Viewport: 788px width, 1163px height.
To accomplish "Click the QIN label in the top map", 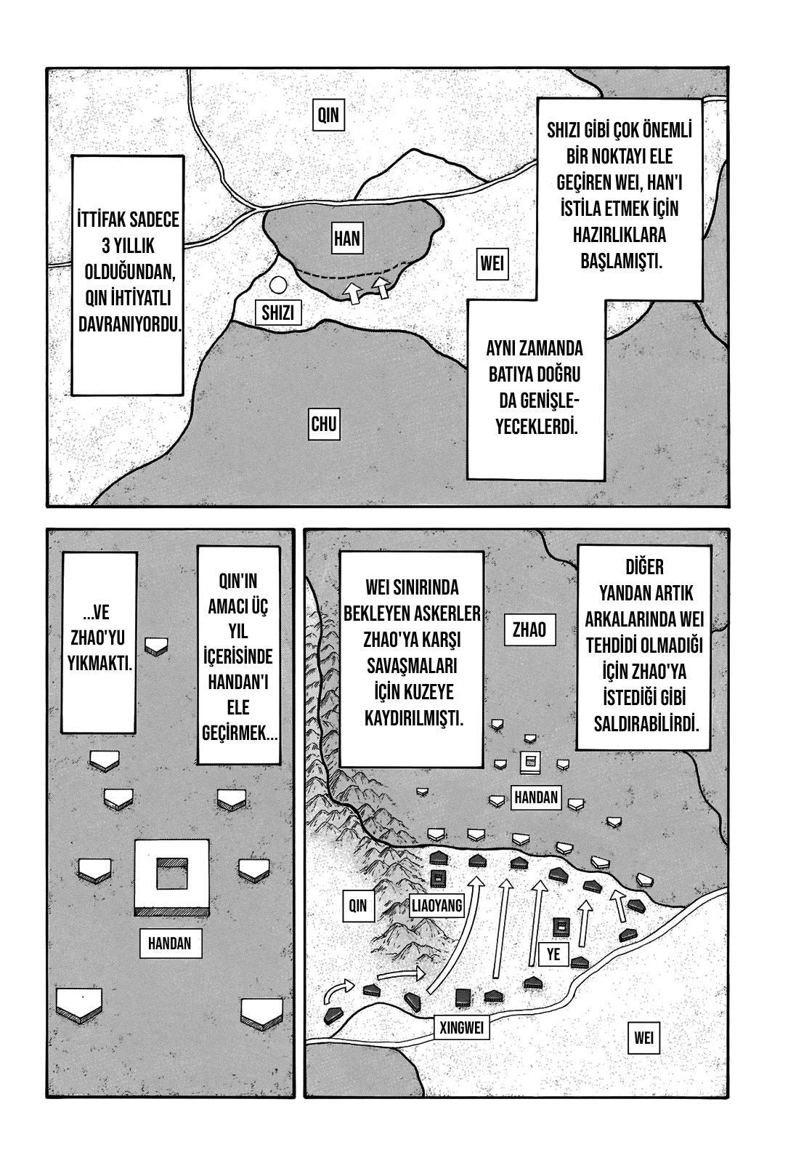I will pyautogui.click(x=328, y=115).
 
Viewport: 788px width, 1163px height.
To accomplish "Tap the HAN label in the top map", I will pyautogui.click(x=347, y=238).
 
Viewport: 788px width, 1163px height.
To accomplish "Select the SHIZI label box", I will pyautogui.click(x=277, y=313).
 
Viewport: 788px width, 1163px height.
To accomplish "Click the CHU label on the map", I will pyautogui.click(x=324, y=423).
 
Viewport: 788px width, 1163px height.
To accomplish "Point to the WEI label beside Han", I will pyautogui.click(x=492, y=262).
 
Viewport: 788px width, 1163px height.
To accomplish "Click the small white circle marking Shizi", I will pyautogui.click(x=277, y=286).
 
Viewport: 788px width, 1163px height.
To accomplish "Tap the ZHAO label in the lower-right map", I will pyautogui.click(x=529, y=629).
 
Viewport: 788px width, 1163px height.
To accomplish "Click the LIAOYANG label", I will pyautogui.click(x=436, y=906).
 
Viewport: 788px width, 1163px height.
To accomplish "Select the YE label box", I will pyautogui.click(x=553, y=954).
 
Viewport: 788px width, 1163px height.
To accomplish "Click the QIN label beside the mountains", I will pyautogui.click(x=358, y=906).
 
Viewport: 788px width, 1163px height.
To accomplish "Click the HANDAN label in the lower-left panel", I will pyautogui.click(x=169, y=943).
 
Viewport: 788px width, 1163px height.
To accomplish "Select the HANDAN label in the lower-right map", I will pyautogui.click(x=536, y=797).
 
